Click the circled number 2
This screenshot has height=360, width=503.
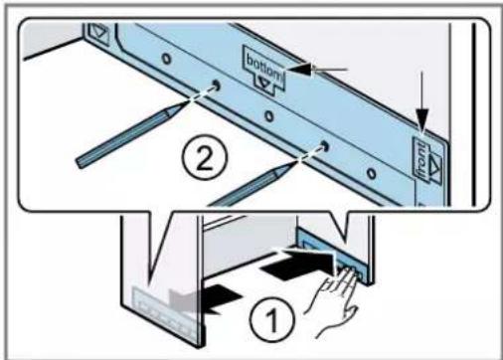(205, 157)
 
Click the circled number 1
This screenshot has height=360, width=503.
(272, 319)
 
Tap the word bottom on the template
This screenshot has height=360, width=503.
(265, 68)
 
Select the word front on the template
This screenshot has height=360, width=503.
(420, 159)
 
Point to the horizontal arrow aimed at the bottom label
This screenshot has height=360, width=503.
(317, 70)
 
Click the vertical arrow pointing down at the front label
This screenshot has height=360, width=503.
(422, 102)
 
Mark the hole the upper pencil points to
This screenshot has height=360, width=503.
(217, 85)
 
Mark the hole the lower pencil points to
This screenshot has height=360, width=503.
(325, 145)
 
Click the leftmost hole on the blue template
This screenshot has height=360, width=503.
(167, 59)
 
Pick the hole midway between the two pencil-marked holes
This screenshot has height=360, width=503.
(269, 116)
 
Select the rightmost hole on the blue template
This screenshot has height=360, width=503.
(372, 173)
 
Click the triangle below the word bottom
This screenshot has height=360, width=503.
(264, 83)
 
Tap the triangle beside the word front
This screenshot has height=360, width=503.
(435, 165)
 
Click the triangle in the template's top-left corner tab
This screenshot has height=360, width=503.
(99, 32)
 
